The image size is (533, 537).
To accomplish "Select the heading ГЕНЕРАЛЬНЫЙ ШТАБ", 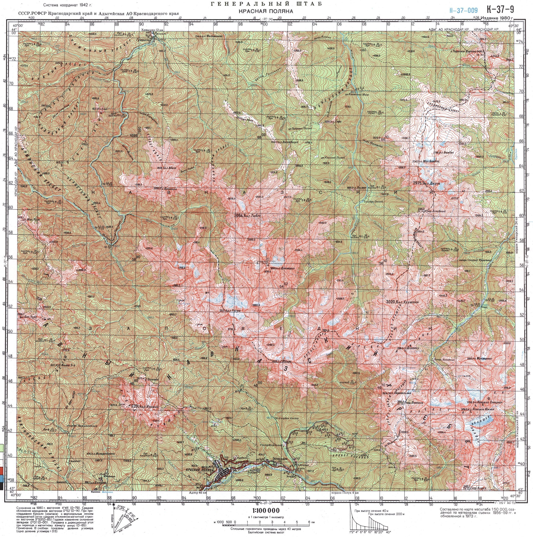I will coord(266,4).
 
